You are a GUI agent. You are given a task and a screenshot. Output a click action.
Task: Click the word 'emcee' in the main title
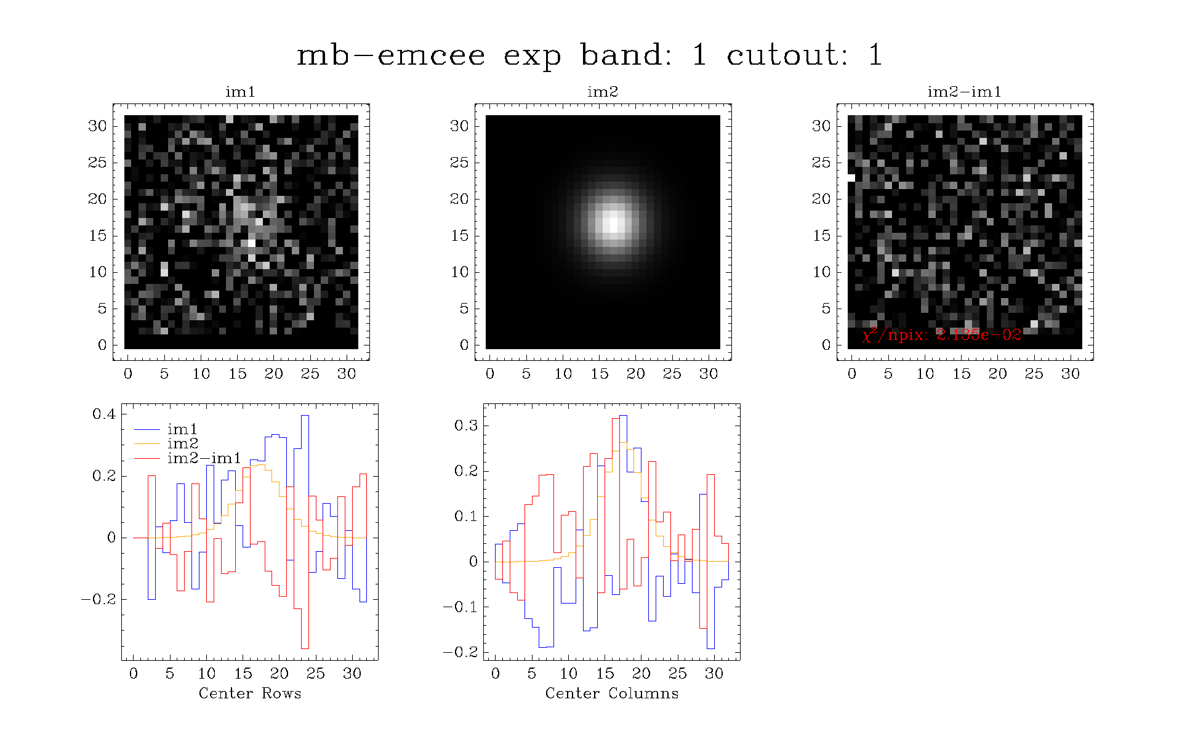click(431, 55)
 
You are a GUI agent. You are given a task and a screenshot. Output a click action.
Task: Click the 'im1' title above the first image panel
click(240, 92)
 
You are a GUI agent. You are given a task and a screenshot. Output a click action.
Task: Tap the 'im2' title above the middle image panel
click(602, 92)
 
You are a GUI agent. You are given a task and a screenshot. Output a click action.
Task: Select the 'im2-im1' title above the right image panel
click(964, 92)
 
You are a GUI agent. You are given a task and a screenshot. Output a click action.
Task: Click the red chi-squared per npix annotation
click(942, 334)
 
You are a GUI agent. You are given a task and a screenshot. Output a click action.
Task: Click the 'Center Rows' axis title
click(250, 693)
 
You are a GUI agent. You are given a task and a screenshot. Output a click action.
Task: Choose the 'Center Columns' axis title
click(612, 693)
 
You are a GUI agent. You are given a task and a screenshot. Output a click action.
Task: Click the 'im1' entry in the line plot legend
click(182, 429)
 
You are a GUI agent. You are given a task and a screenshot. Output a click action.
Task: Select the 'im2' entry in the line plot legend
click(182, 443)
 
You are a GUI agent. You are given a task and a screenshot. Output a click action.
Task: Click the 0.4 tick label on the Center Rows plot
click(104, 414)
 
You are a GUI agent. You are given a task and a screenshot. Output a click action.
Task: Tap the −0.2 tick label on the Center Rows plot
click(98, 600)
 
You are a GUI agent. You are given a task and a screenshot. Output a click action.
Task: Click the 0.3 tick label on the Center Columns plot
click(466, 426)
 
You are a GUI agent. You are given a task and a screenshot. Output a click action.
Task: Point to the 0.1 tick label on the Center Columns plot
click(466, 516)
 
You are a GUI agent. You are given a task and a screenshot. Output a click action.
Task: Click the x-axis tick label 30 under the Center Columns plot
click(714, 673)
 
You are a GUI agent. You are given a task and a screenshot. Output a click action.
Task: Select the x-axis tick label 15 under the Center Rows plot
click(243, 673)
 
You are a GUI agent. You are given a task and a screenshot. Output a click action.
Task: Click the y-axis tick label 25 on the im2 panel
click(459, 163)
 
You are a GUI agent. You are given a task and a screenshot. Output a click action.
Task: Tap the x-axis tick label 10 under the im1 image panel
click(201, 374)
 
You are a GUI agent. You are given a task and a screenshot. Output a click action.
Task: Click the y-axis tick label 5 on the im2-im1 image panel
click(826, 309)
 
